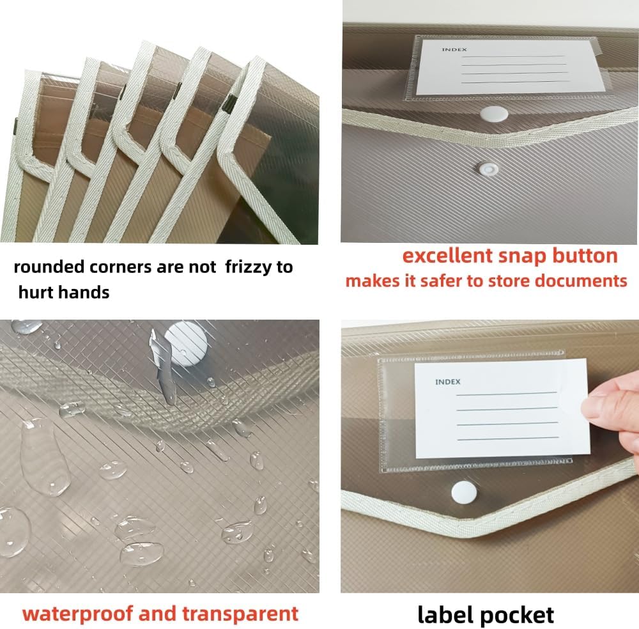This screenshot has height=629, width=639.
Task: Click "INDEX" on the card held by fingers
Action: pos(447,382)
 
